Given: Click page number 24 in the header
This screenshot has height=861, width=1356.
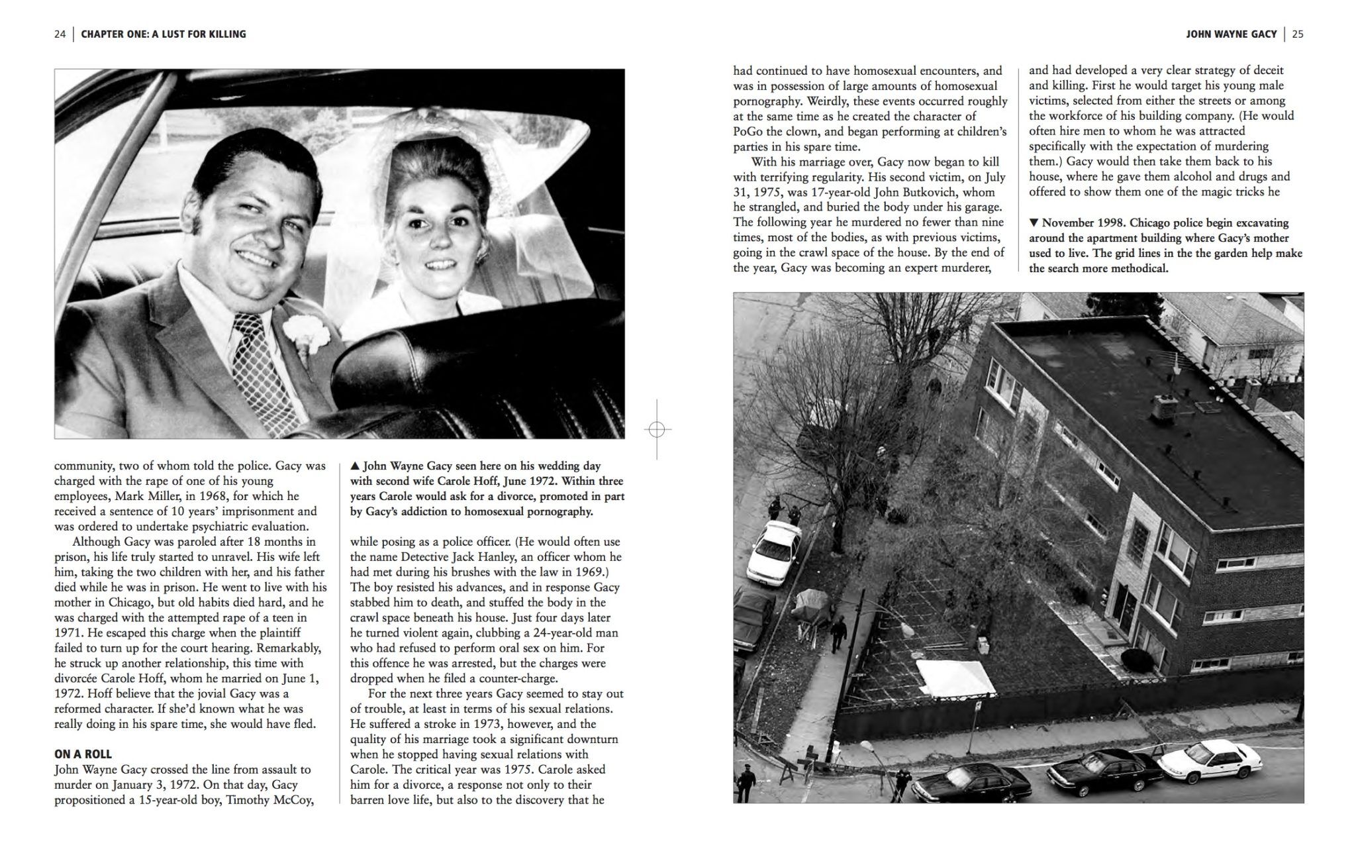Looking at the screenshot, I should pyautogui.click(x=60, y=34).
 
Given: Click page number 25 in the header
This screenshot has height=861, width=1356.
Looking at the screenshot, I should pyautogui.click(x=1297, y=34).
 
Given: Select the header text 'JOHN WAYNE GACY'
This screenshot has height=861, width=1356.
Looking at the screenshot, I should pyautogui.click(x=1231, y=34).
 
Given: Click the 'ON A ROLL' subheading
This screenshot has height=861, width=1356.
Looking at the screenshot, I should pyautogui.click(x=83, y=754).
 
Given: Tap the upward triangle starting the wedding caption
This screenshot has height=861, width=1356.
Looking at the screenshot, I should pyautogui.click(x=355, y=466).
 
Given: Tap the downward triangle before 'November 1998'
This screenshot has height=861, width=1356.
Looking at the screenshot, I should pyautogui.click(x=1034, y=223).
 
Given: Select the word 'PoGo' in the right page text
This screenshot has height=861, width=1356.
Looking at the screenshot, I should pyautogui.click(x=748, y=131).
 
